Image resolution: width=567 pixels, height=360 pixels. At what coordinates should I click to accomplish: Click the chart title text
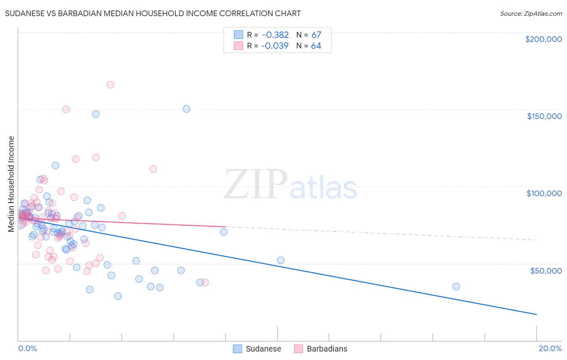(153, 13)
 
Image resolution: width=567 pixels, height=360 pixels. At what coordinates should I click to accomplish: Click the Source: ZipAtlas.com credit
(531, 14)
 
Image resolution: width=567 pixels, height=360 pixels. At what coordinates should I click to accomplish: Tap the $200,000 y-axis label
(543, 39)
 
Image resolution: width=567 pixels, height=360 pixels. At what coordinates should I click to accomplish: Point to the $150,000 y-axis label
(544, 116)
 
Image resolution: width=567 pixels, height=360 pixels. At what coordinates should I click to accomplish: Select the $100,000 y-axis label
(544, 193)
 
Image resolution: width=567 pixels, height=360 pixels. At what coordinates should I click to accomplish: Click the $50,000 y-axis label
(546, 270)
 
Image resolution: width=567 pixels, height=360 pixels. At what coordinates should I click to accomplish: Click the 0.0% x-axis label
(27, 348)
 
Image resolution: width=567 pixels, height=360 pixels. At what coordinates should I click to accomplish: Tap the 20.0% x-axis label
(550, 348)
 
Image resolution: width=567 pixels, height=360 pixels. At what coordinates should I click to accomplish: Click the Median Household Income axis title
(11, 184)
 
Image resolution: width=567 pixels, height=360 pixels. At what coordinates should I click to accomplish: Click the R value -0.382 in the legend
(275, 35)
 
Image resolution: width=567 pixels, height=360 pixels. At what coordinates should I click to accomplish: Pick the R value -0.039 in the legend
(275, 46)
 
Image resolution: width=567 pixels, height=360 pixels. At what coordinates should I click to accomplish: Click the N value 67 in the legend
(316, 35)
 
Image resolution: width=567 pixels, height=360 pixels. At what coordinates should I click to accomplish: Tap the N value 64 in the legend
(316, 46)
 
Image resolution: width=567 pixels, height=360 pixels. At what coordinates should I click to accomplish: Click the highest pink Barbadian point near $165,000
(110, 85)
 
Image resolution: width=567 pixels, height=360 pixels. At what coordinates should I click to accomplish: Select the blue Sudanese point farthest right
(456, 287)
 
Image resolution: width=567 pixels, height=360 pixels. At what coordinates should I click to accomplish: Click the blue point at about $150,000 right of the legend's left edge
(186, 109)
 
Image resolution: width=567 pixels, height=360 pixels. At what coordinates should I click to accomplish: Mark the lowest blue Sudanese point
(118, 296)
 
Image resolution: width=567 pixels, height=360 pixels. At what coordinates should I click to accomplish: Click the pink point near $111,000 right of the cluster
(153, 169)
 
